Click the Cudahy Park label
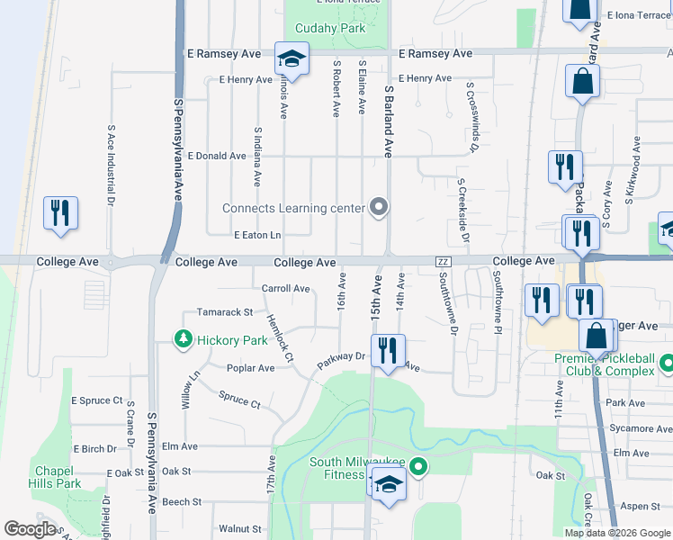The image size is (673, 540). (x=330, y=28)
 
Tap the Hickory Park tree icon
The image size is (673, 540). (x=184, y=340)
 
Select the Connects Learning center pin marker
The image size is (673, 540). (x=379, y=208)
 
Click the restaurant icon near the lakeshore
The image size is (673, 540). (x=60, y=213)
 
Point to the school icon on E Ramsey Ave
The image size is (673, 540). (x=292, y=59)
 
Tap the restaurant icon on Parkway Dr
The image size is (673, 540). (x=388, y=351)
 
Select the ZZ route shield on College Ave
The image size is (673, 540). (x=442, y=261)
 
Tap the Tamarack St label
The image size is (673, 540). (x=225, y=312)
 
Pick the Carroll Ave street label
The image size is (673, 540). (x=285, y=289)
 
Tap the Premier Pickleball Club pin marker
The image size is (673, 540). (x=666, y=364)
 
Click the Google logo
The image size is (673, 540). (x=31, y=529)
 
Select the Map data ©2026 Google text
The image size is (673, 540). (x=616, y=533)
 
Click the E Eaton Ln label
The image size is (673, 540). (x=257, y=235)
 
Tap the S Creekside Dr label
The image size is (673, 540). (x=462, y=211)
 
